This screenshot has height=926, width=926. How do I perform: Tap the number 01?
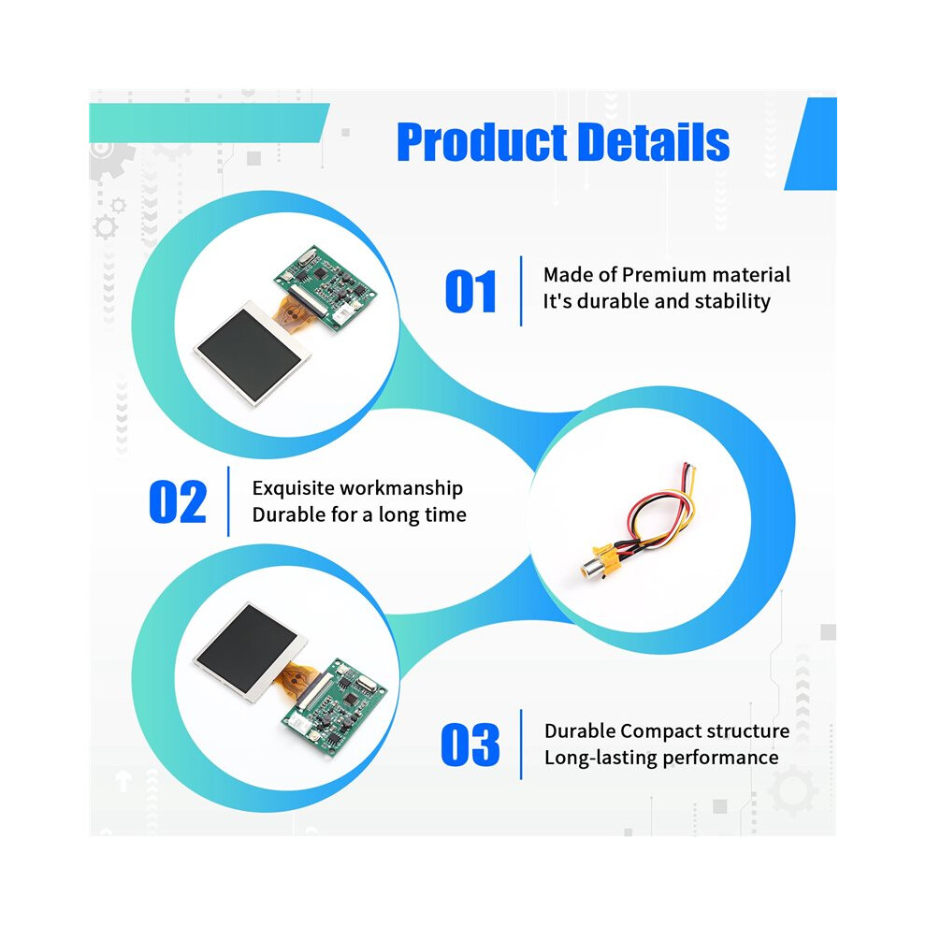470,291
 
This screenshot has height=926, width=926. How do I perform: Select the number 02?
178,502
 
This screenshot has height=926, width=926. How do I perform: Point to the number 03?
470,745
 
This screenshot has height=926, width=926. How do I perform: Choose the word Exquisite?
291,488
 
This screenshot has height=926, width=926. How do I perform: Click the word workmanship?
399,488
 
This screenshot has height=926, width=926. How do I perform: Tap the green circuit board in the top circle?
326,287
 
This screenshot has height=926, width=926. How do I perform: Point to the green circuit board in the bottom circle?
334,706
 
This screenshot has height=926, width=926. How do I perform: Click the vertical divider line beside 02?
228,501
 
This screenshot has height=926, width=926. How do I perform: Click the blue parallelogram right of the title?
812,143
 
